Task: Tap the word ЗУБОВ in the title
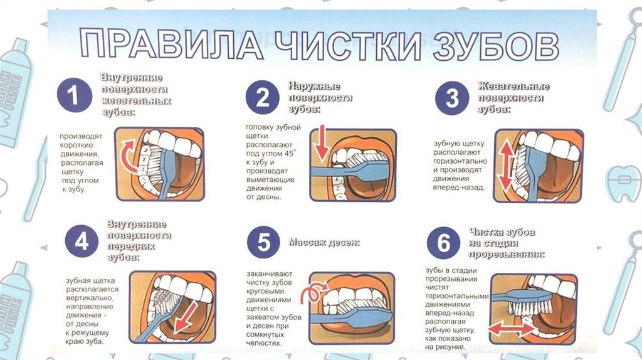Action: point(483,45)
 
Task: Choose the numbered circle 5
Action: point(263,242)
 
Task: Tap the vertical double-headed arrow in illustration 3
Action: point(505,164)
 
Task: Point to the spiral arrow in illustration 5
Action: point(312,293)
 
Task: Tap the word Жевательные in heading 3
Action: point(513,87)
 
